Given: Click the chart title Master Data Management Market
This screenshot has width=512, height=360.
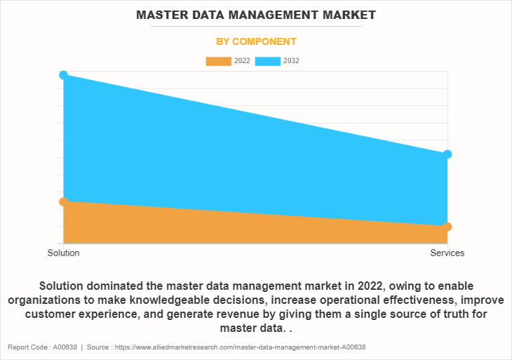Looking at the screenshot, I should click(x=255, y=14).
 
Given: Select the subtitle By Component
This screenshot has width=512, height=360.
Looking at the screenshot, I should click(x=255, y=41).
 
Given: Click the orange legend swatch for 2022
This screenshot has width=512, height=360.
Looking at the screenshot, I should click(x=218, y=61).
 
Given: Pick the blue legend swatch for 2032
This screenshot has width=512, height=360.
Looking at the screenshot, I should click(x=268, y=61).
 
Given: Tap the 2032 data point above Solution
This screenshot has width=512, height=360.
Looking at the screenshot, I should click(x=63, y=74).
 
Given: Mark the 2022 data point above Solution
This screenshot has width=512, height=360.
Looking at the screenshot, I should click(x=63, y=201).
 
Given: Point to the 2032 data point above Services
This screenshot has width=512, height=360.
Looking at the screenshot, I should click(x=447, y=154).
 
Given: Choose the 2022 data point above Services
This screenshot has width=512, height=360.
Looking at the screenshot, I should click(x=447, y=227).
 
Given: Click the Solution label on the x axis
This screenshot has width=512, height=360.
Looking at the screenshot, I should click(x=63, y=253).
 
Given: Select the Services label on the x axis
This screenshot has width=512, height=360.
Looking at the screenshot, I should click(x=447, y=253).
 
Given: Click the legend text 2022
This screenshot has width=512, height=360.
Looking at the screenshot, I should click(x=242, y=61).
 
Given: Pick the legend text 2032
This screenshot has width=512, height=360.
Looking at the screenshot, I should click(x=291, y=61).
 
